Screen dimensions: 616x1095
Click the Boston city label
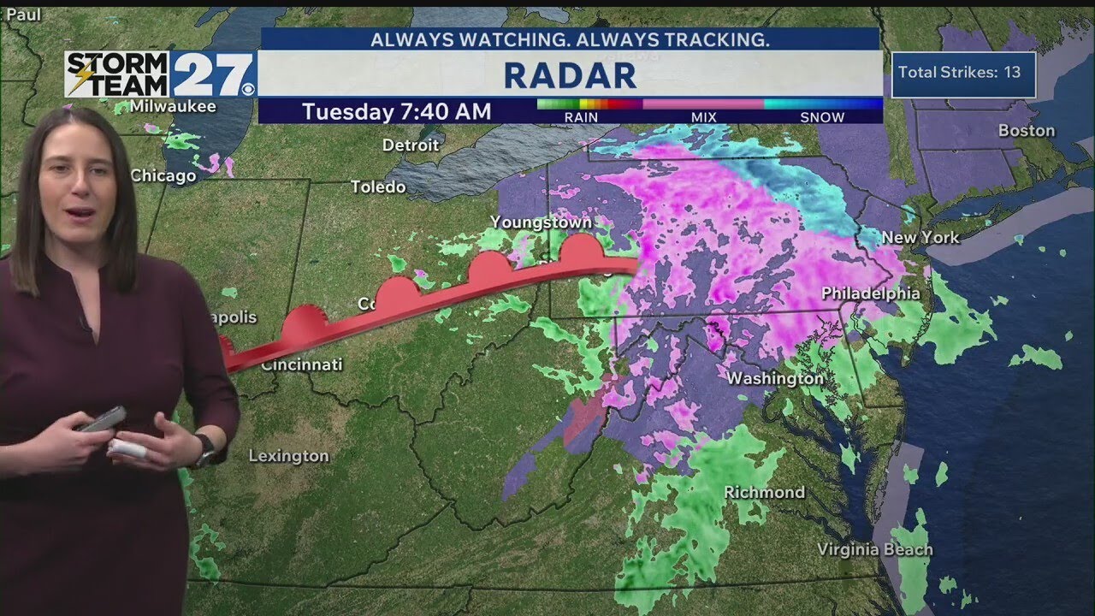tap(1027, 131)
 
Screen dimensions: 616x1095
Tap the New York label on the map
tap(920, 237)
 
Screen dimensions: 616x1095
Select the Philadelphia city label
tap(870, 293)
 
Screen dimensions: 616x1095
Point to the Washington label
tap(775, 377)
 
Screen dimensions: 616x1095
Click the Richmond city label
tap(764, 492)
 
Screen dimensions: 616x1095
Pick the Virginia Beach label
tap(874, 549)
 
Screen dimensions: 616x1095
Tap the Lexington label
tap(288, 456)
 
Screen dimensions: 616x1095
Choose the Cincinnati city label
tap(301, 364)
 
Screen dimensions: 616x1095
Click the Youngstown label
tap(541, 222)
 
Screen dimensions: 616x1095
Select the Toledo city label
tap(378, 187)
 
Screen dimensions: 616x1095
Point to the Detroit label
tap(411, 145)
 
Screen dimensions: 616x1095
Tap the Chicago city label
tap(163, 175)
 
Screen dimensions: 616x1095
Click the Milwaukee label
tap(173, 107)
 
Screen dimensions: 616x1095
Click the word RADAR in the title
tap(570, 75)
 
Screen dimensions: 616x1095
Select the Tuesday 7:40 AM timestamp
tap(396, 111)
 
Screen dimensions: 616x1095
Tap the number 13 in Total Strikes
tap(1012, 72)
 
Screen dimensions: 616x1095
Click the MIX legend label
tap(703, 117)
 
